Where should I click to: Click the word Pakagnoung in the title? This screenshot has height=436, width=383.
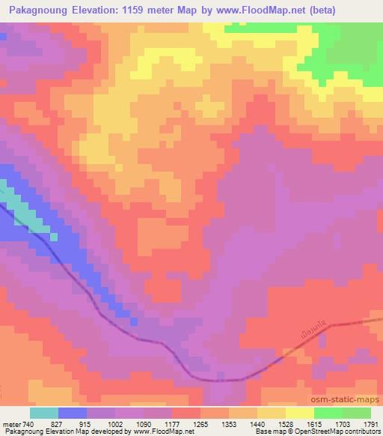point(40,10)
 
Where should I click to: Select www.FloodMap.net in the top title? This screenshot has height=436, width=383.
point(252,10)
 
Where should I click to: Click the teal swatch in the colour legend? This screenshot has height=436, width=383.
point(44,413)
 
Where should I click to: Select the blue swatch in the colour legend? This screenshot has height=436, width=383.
point(73,413)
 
